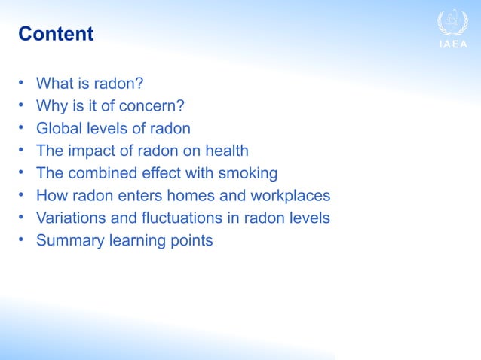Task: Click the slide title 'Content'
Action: pyautogui.click(x=56, y=34)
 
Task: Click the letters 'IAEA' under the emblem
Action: pyautogui.click(x=452, y=44)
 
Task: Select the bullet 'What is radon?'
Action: pyautogui.click(x=84, y=83)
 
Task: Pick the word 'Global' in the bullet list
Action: pyautogui.click(x=60, y=128)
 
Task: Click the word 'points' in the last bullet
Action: pyautogui.click(x=191, y=241)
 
